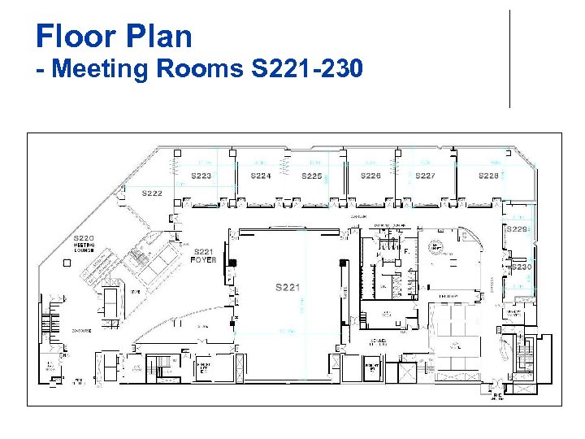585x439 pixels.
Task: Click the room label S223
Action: click(201, 176)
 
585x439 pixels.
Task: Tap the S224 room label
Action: click(261, 176)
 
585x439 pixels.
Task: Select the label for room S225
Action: click(312, 176)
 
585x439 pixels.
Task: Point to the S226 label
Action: click(370, 176)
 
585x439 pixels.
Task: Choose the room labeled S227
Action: click(425, 176)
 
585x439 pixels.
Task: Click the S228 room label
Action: click(488, 176)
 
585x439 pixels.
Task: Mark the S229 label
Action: click(518, 229)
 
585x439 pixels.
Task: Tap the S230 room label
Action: click(521, 267)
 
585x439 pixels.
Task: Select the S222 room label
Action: click(152, 193)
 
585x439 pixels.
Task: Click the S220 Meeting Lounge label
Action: click(84, 243)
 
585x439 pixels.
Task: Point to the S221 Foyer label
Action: click(203, 255)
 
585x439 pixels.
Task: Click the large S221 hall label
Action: click(288, 287)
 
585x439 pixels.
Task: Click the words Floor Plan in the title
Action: click(114, 37)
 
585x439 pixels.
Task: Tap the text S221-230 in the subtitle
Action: click(307, 69)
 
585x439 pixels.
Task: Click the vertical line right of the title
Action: click(509, 59)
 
